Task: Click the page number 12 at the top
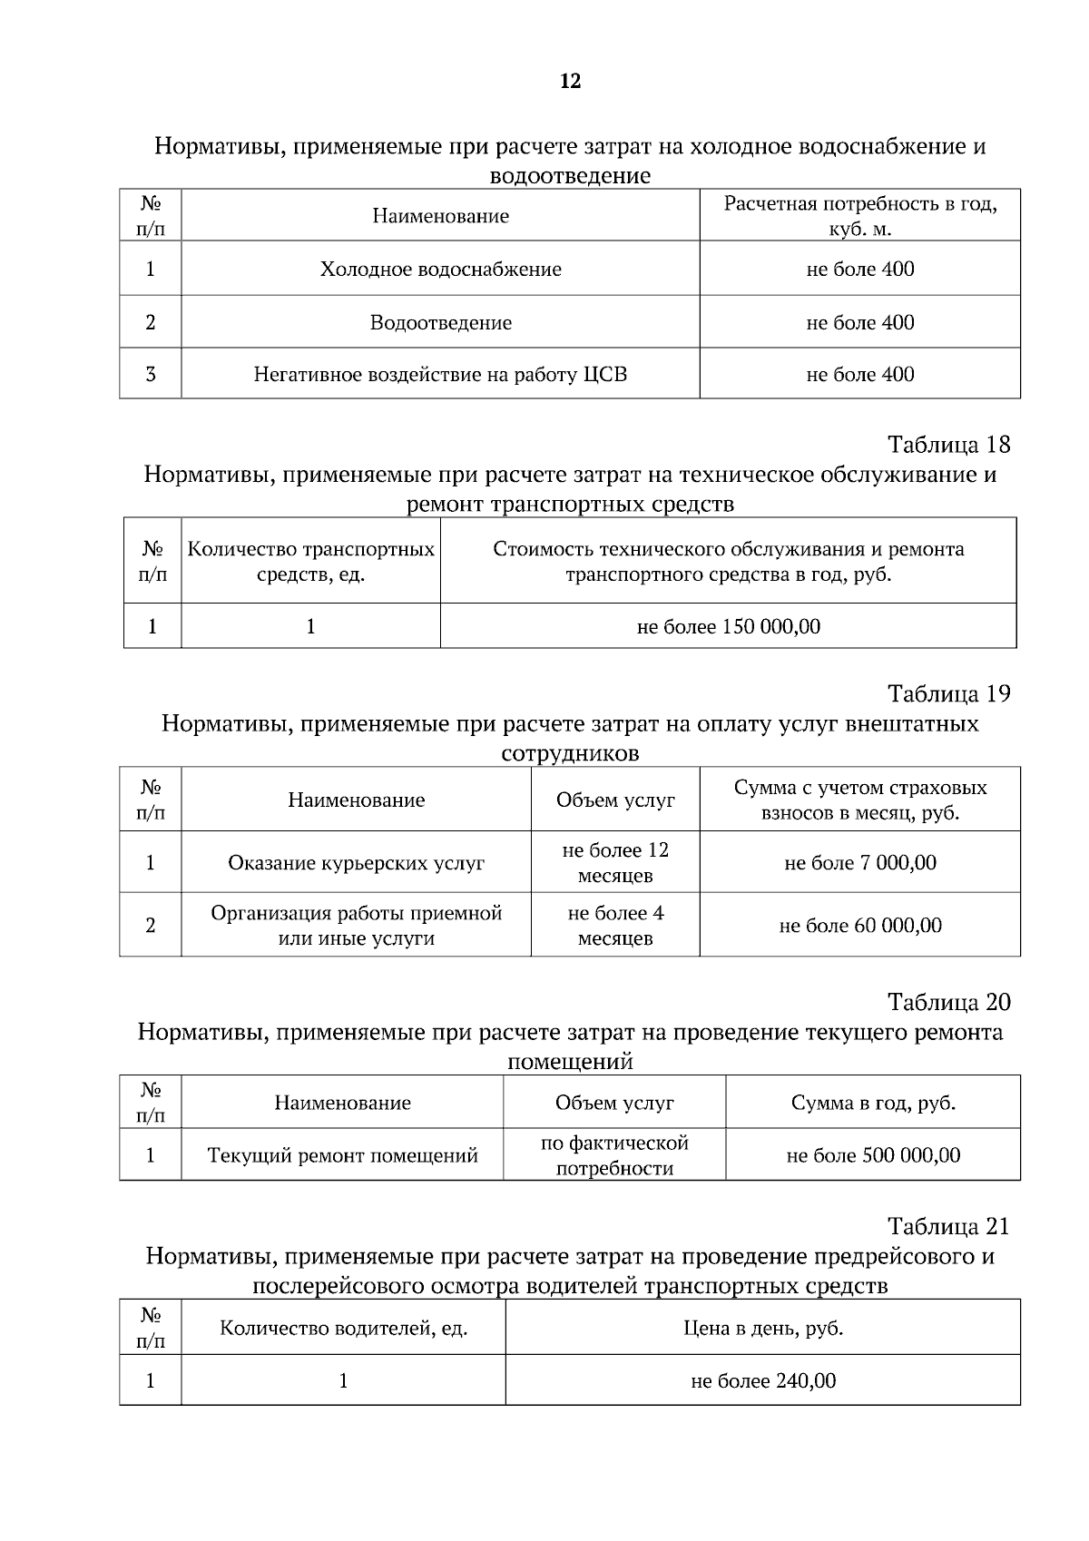[570, 82]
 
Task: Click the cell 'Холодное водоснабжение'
[440, 270]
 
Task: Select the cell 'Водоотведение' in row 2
[440, 323]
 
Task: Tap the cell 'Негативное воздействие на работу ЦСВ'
[440, 375]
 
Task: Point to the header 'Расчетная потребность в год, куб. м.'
[859, 216]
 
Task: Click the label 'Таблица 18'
[948, 445]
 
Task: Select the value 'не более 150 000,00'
[728, 626]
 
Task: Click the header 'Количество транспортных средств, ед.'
[310, 562]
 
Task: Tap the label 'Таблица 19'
[948, 694]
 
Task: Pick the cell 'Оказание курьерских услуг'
[356, 863]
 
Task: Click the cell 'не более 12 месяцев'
[615, 863]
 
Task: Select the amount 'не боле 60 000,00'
[859, 926]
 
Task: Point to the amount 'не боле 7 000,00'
[859, 863]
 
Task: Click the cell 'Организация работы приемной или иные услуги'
[356, 926]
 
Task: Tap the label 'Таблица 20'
[948, 1003]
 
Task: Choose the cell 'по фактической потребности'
[614, 1155]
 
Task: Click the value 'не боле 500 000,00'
[872, 1155]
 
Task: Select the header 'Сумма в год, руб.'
[872, 1104]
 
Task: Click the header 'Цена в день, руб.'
[762, 1329]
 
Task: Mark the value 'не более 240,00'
[762, 1381]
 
